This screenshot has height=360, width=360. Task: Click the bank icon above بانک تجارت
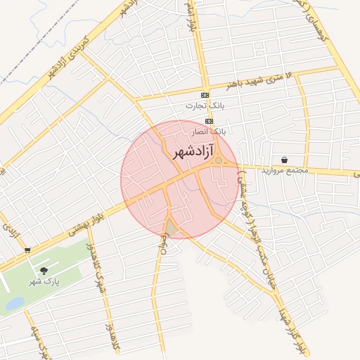(205, 95)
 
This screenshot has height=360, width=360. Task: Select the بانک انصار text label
(209, 131)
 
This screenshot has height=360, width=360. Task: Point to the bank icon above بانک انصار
(209, 121)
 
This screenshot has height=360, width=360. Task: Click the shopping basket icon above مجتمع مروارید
(283, 160)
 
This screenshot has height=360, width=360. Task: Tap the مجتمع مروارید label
(285, 171)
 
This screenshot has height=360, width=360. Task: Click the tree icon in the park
(44, 270)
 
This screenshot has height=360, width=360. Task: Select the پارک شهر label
(42, 281)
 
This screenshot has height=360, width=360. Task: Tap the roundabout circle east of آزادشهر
(219, 161)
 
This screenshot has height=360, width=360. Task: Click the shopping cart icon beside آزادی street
(27, 250)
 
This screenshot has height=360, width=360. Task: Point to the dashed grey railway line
(42, 42)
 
